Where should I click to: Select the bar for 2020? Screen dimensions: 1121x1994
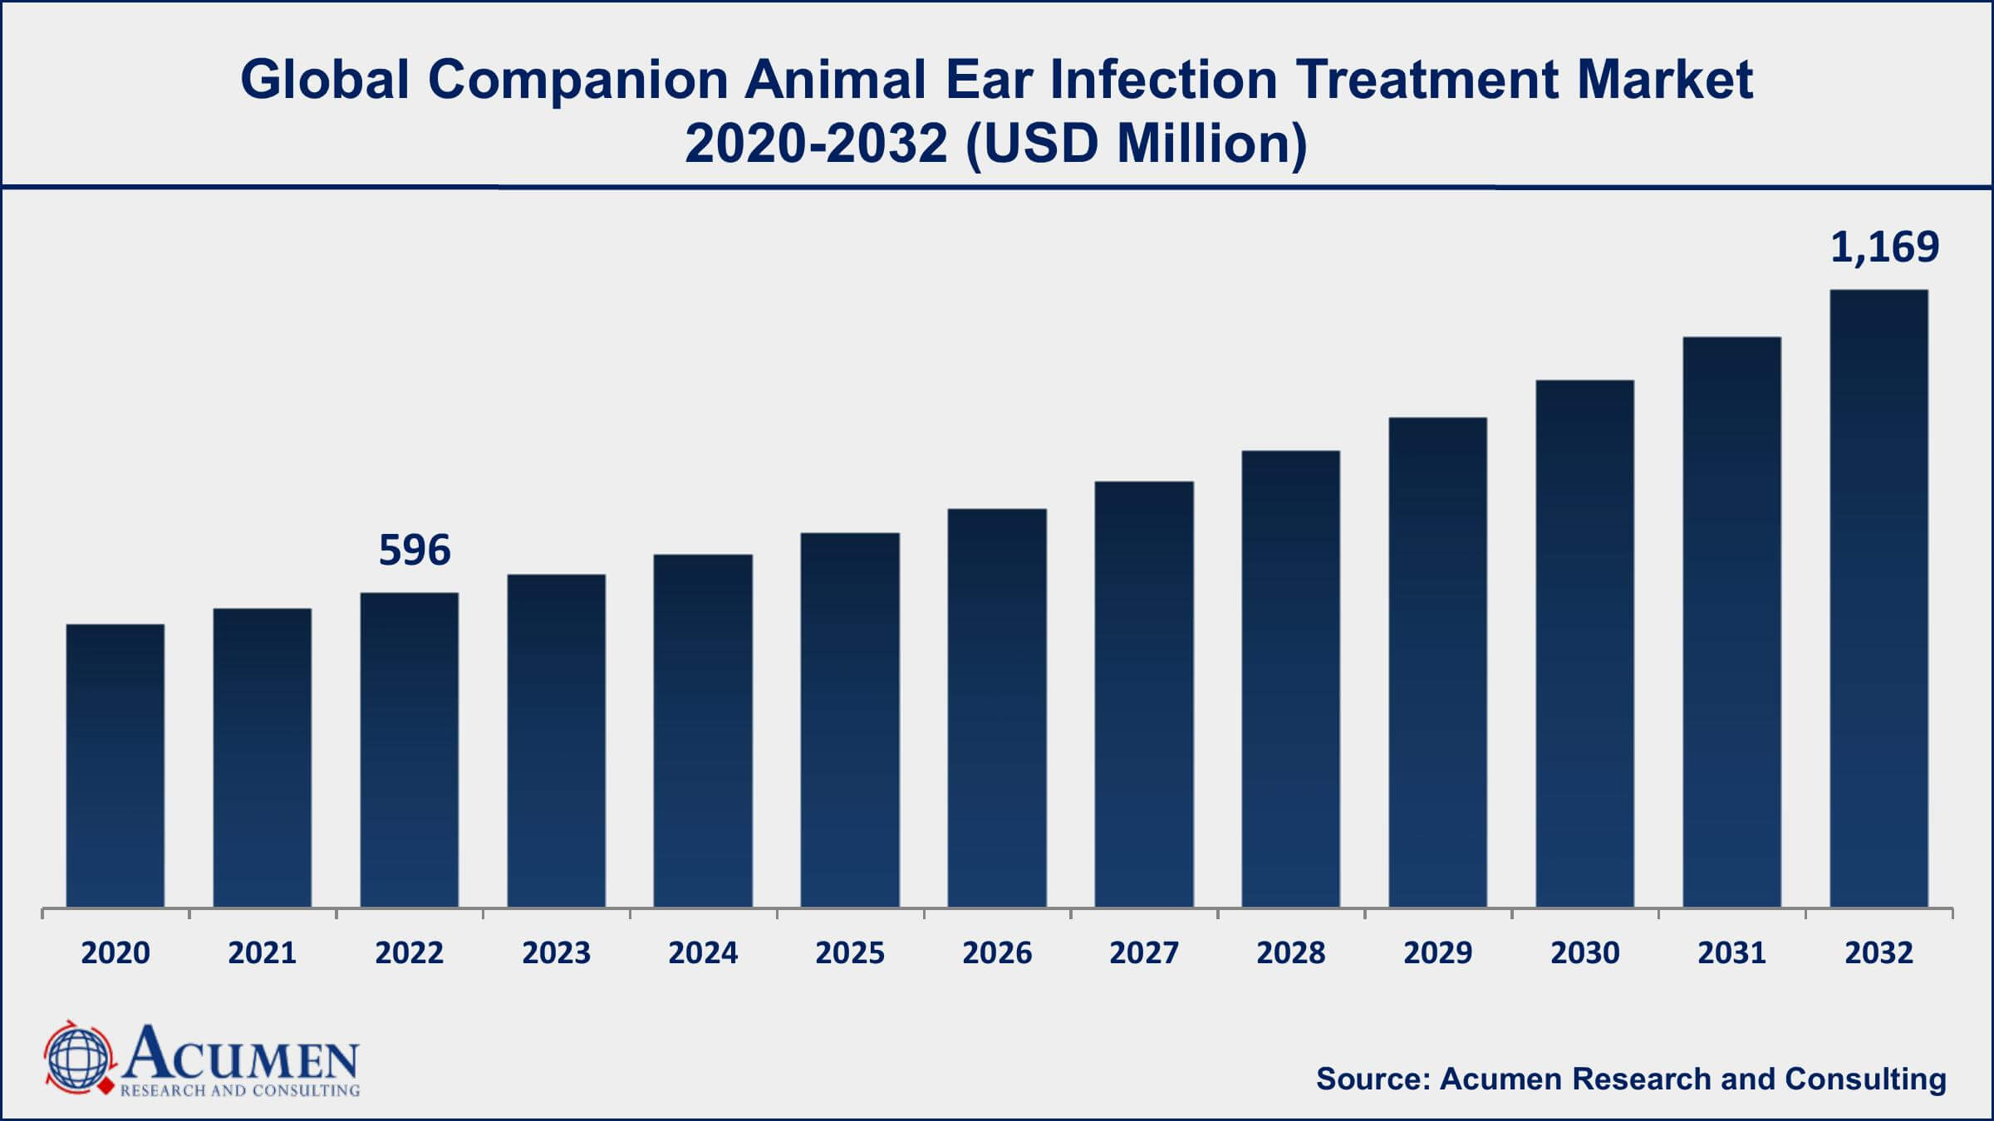[x=115, y=765]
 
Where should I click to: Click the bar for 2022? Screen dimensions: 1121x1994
[x=410, y=749]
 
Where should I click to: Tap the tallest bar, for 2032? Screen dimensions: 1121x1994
[x=1879, y=598]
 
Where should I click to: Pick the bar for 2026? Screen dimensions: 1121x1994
[x=997, y=707]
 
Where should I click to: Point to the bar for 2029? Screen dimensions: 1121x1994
[x=1437, y=662]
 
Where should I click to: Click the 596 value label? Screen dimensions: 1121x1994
[x=415, y=551]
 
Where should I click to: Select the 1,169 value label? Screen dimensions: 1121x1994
[x=1884, y=247]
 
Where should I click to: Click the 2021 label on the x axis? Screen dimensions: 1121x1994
[x=263, y=952]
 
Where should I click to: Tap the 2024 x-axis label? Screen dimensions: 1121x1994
[x=703, y=952]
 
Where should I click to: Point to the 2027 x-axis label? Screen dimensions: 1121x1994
[x=1144, y=952]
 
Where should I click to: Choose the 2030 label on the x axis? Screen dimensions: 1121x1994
[x=1584, y=952]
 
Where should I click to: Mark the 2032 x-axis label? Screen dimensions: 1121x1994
[x=1879, y=952]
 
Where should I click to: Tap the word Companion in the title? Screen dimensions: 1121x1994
[x=577, y=80]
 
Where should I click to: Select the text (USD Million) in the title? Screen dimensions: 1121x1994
[x=1137, y=144]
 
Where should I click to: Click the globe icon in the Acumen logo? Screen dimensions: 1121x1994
[x=77, y=1057]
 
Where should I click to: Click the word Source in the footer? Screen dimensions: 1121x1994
[x=1372, y=1079]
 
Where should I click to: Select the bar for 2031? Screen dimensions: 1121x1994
[x=1731, y=622]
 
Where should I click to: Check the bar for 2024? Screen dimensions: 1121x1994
[x=703, y=731]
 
